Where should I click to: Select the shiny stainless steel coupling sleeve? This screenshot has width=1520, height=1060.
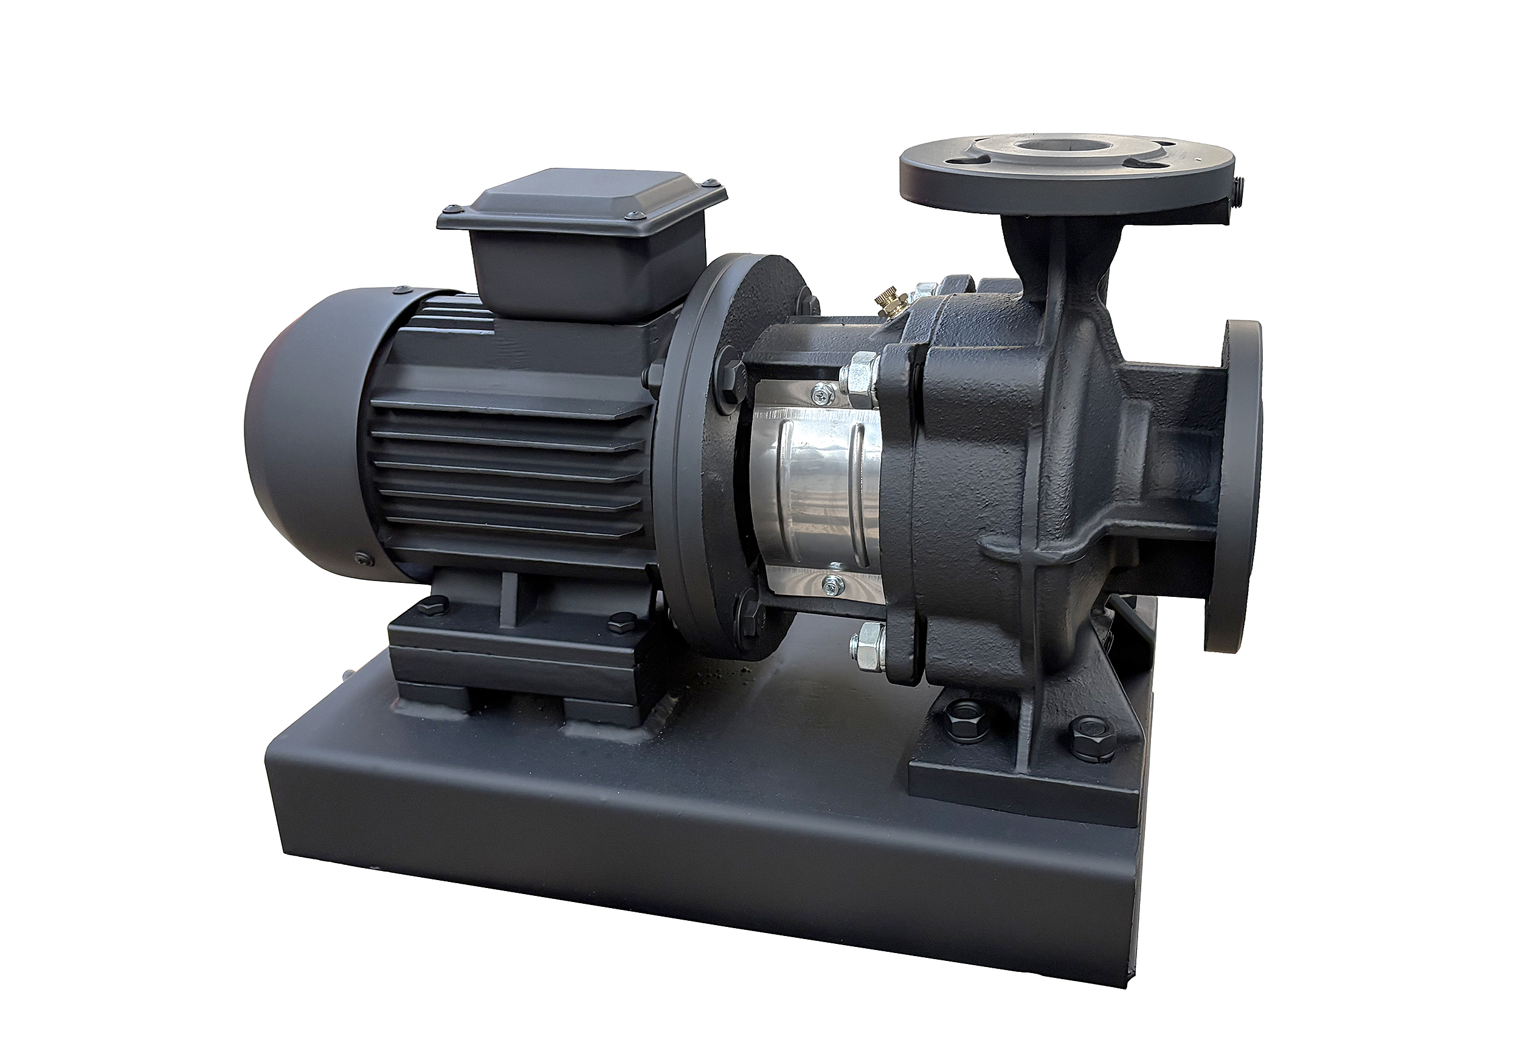click(821, 483)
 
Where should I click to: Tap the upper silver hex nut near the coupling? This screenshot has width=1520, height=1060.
click(861, 370)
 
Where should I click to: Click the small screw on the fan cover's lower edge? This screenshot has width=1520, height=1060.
click(360, 559)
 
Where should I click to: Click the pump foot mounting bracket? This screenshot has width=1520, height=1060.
click(1020, 774)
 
